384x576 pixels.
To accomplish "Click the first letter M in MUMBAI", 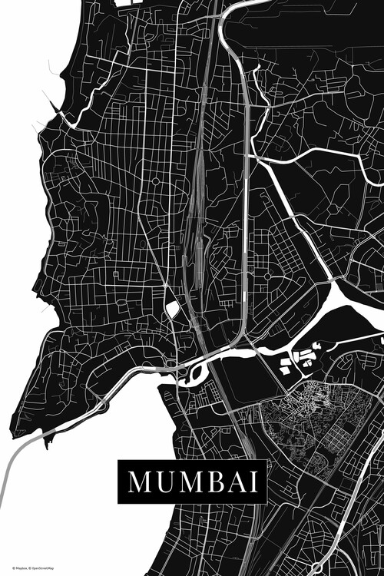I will pos(139,482).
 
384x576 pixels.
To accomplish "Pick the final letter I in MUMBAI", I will pos(248,482).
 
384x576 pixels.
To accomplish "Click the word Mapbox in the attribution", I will pos(15,568).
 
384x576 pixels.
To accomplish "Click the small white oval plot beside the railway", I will pos(173,309).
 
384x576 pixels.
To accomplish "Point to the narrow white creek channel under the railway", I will pos(223,353).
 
